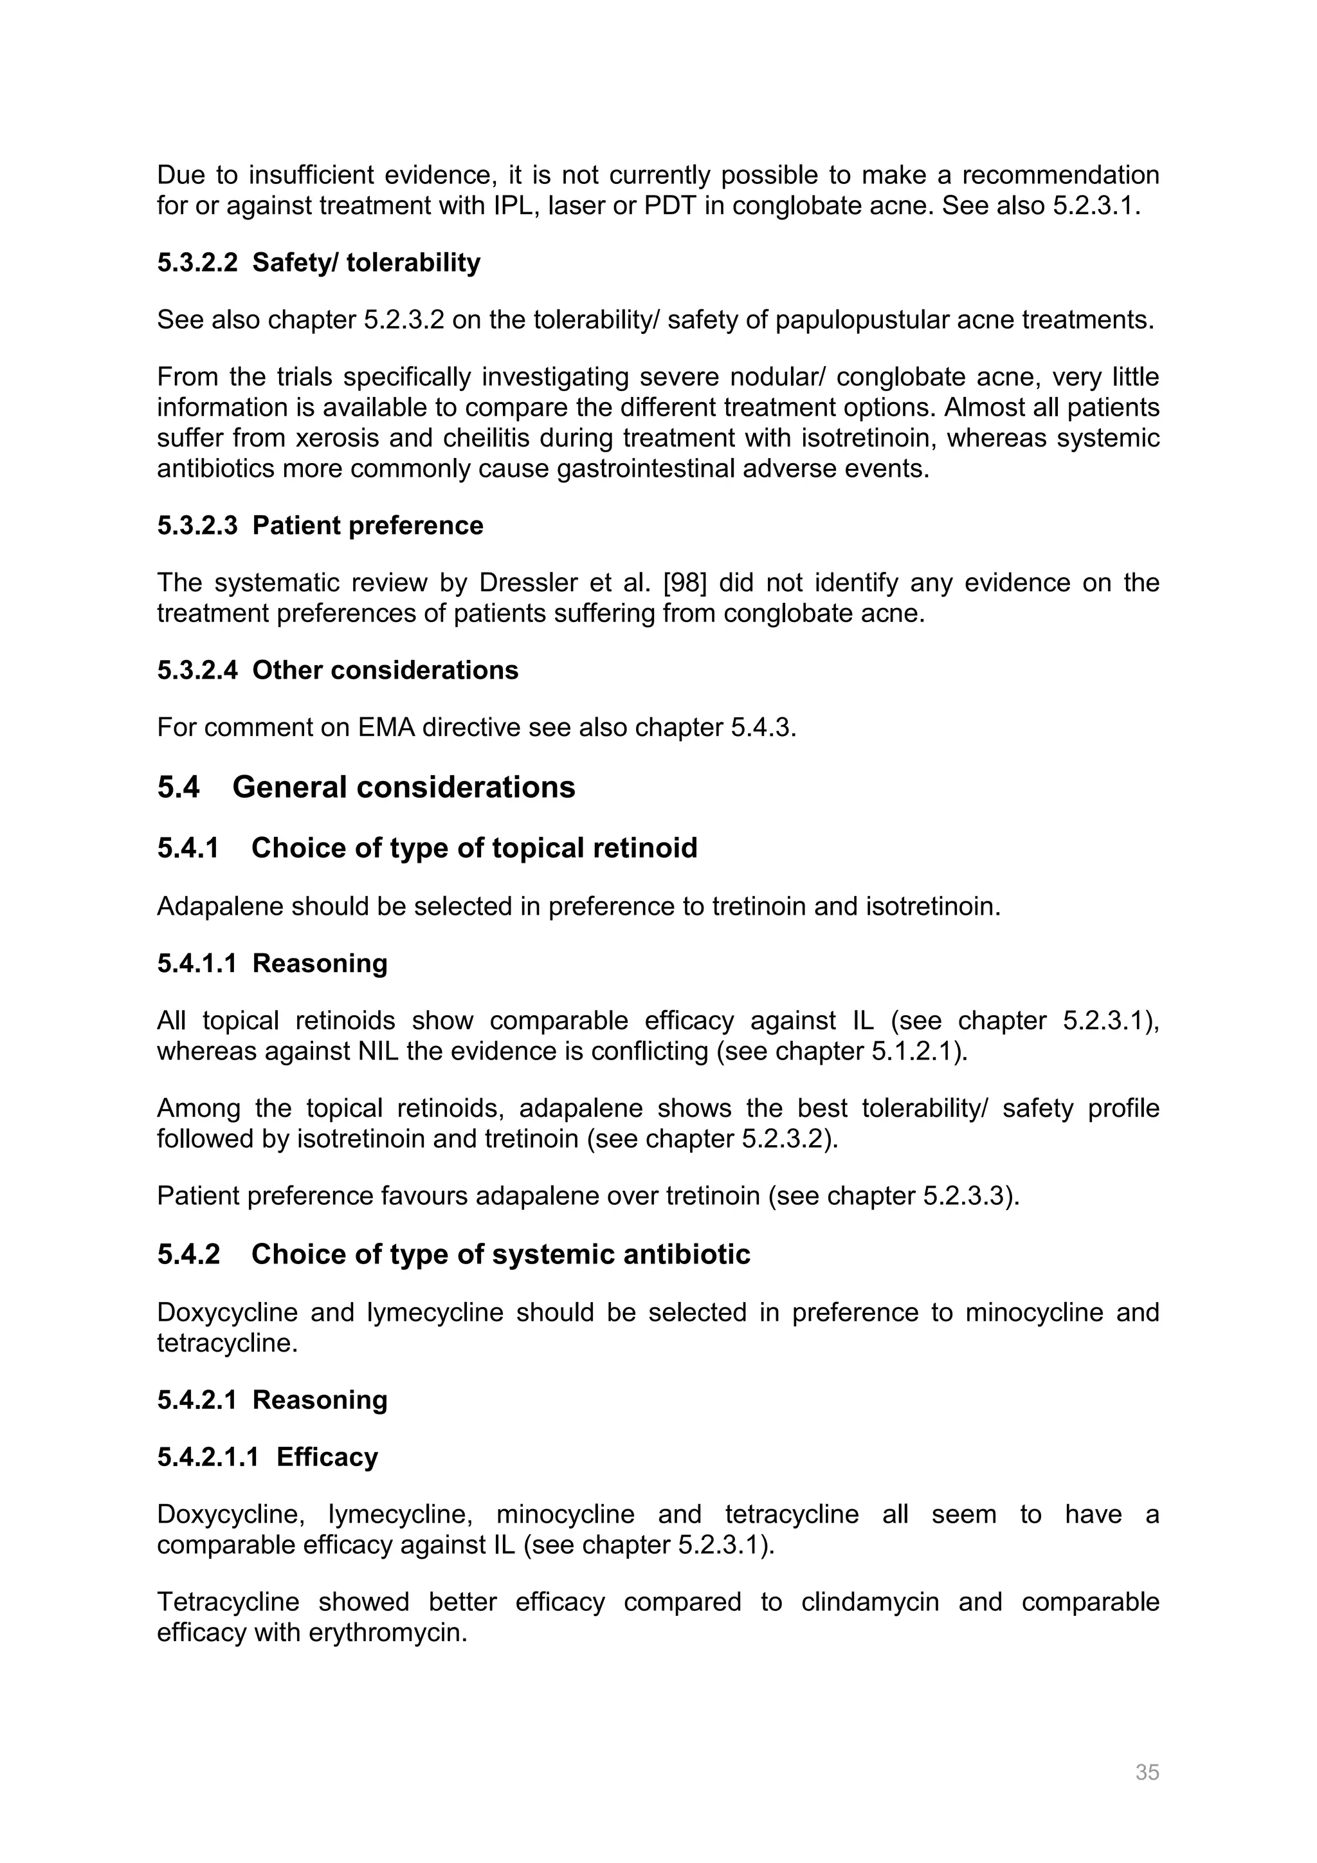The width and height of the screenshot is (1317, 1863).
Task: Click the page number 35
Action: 1147,1772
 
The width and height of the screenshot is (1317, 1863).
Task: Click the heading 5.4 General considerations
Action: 366,787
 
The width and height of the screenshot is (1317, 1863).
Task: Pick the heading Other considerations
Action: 385,670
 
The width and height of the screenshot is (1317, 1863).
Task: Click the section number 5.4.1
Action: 188,848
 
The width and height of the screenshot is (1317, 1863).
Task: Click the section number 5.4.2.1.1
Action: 208,1456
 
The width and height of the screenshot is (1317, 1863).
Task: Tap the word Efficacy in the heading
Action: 327,1456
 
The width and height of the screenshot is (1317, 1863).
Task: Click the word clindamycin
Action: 869,1602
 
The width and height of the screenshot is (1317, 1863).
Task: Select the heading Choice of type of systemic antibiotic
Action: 500,1254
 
